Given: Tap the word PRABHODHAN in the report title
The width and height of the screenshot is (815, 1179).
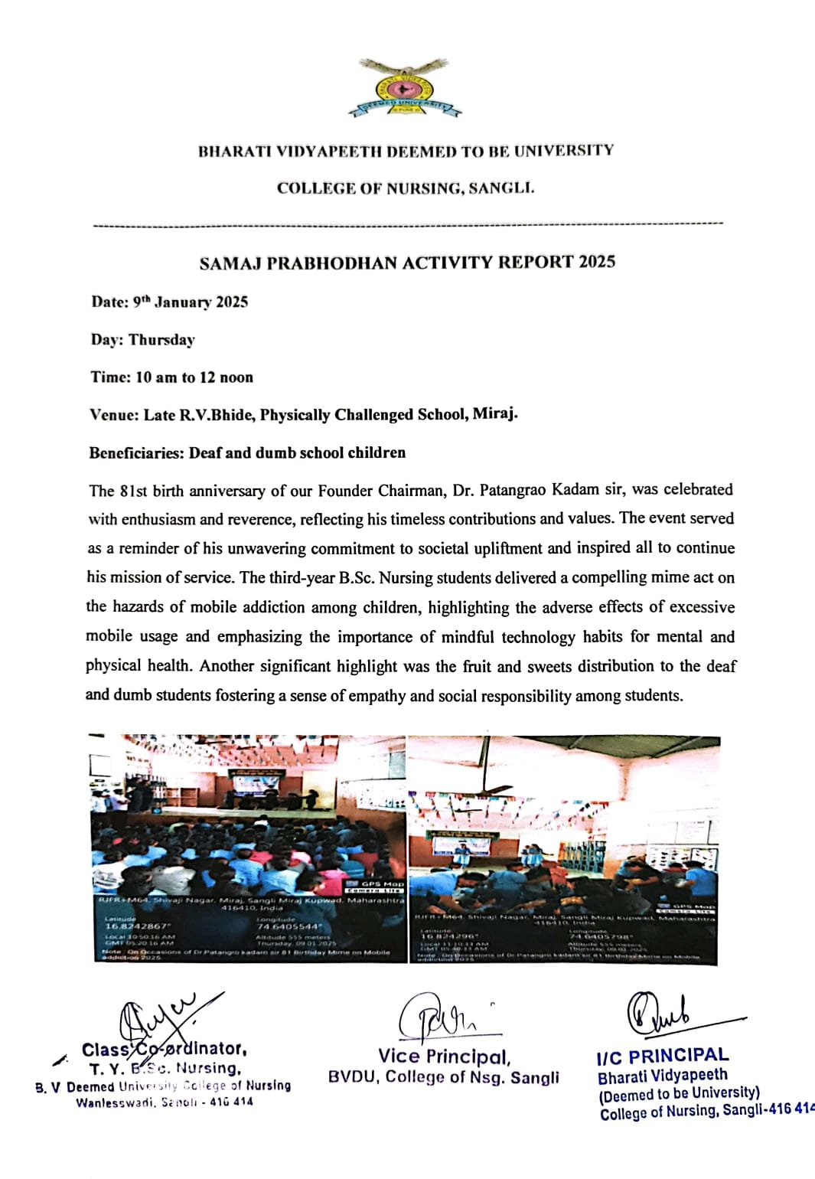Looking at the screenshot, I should click(332, 263).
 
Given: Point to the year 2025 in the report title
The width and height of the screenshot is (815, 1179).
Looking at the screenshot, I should click(597, 262).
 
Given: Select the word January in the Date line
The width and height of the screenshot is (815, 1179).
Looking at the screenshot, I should click(182, 302).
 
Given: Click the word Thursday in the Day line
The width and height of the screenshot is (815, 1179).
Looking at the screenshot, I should click(161, 339).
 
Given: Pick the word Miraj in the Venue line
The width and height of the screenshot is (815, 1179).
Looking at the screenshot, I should click(494, 414).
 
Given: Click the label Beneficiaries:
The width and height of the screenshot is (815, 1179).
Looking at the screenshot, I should click(136, 452).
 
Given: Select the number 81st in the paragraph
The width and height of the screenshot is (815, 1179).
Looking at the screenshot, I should click(134, 490).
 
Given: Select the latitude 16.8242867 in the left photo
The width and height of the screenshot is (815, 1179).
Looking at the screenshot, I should click(136, 926).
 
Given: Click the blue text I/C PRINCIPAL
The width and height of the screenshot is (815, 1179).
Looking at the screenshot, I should click(663, 1057).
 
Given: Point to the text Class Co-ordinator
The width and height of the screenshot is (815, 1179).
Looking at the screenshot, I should click(164, 1049).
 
